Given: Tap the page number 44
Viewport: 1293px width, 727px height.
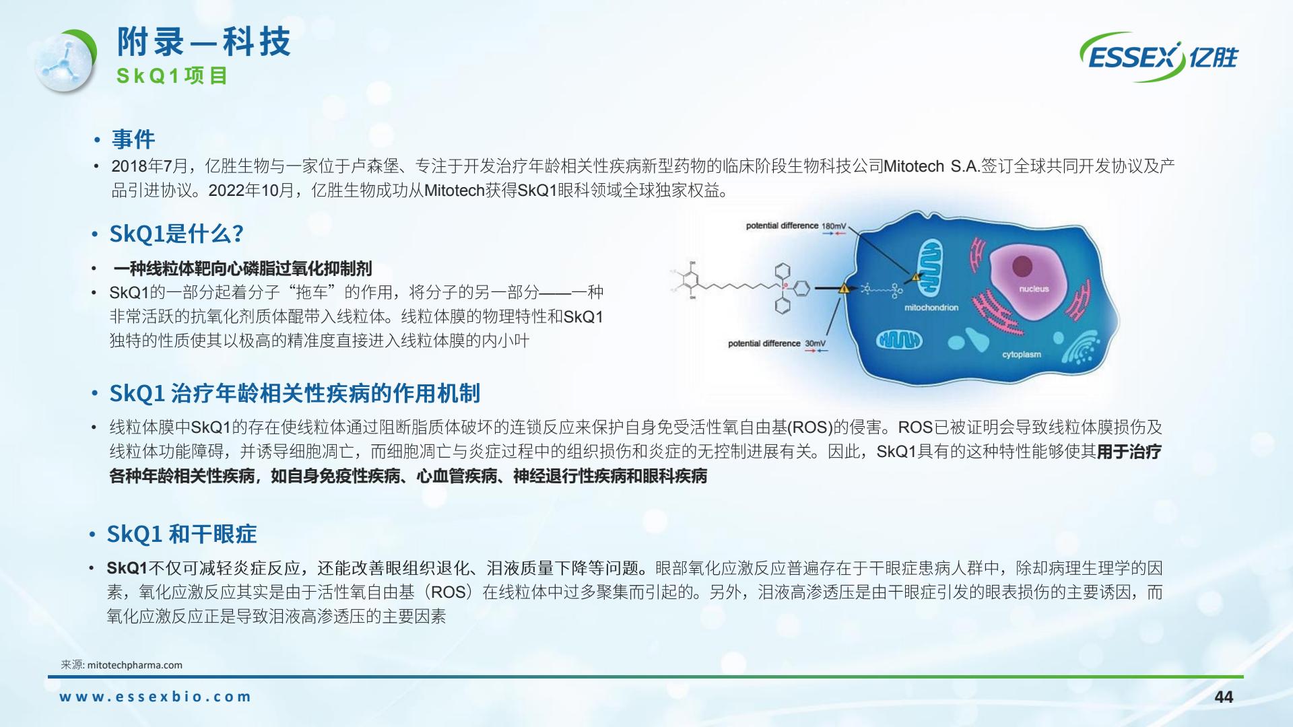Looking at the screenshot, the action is [x=1224, y=697].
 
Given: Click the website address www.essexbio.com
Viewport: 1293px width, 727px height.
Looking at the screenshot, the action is [x=155, y=697].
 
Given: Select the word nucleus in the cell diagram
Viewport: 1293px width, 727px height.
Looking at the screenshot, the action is [x=1034, y=289].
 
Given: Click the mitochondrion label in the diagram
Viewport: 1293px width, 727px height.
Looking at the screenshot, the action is [x=931, y=308].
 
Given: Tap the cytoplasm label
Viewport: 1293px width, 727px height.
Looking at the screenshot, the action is [x=1022, y=354].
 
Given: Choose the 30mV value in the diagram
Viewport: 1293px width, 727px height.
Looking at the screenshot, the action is [x=815, y=343].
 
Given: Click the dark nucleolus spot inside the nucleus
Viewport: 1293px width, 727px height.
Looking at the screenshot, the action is [x=1023, y=263].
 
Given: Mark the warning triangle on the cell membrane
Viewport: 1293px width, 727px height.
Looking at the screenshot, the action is [x=844, y=289].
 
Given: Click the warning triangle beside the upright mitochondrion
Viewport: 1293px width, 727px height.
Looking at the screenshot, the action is [x=915, y=277].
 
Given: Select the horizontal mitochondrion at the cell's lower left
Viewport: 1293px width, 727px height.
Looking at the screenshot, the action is [x=899, y=341].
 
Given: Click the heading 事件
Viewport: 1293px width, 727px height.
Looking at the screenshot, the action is [x=133, y=139].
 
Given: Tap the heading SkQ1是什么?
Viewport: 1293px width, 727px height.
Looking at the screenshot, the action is [x=176, y=234].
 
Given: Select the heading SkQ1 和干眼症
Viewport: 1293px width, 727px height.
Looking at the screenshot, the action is [x=182, y=534].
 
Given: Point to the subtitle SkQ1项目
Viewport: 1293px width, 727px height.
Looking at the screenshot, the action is [x=172, y=76].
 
